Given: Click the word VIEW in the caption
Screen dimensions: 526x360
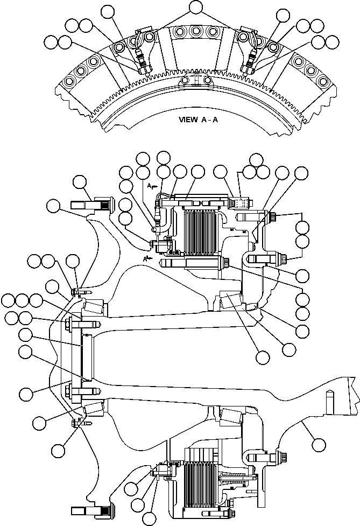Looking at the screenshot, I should point(189,120).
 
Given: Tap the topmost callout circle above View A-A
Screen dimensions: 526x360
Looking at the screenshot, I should point(195,6).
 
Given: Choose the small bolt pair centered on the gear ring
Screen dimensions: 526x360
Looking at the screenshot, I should point(196,80).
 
